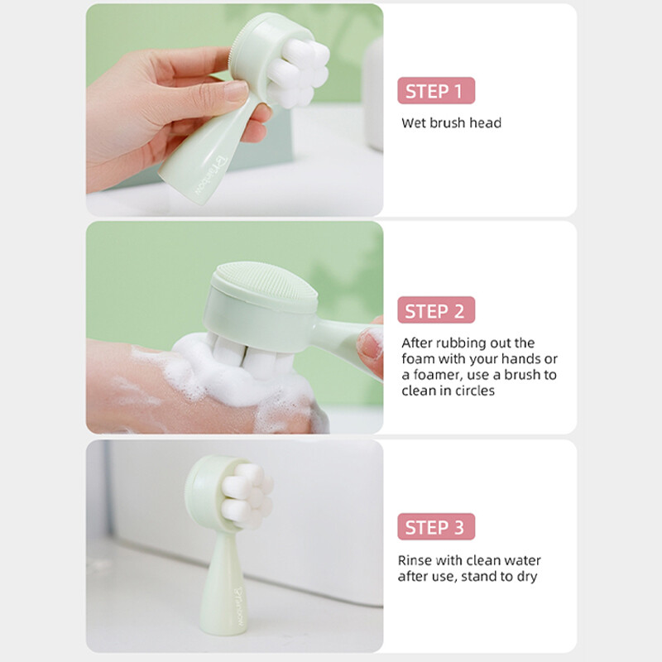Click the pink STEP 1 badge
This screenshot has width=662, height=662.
click(436, 91)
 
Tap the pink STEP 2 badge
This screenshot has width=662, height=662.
click(436, 310)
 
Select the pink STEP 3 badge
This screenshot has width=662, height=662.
click(436, 527)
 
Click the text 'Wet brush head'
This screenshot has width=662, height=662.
click(451, 122)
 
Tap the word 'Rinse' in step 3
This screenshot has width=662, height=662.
click(415, 560)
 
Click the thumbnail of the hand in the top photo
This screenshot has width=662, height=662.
click(236, 91)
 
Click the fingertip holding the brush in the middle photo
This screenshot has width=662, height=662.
click(370, 345)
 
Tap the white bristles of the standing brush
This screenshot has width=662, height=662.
click(247, 495)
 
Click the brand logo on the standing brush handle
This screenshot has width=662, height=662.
click(239, 607)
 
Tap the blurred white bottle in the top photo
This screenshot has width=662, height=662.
click(373, 94)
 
